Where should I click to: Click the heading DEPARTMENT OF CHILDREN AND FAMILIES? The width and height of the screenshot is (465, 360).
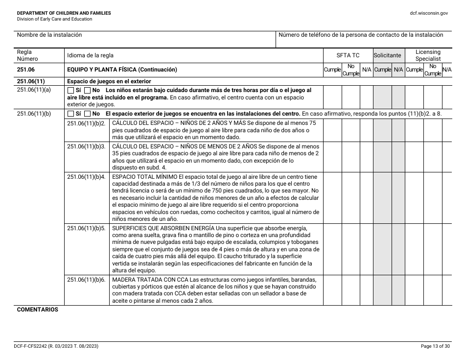(64, 13)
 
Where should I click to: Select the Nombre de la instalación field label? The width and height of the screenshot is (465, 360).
(49, 35)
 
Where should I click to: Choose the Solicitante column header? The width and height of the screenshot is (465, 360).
(388, 56)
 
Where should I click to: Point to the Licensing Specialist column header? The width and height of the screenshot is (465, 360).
(428, 55)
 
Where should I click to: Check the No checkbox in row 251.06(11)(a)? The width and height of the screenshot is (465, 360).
(88, 91)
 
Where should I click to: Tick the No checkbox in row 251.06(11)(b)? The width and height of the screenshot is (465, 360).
(88, 114)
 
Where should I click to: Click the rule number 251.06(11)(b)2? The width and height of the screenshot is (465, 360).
(86, 123)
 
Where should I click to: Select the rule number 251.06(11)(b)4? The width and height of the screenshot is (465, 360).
(86, 177)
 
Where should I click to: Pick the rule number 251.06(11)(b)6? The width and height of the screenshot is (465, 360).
(86, 280)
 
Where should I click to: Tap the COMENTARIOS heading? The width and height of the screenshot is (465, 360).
(38, 310)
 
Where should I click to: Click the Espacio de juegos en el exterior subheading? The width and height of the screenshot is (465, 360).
(109, 81)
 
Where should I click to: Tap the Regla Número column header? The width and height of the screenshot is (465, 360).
(28, 55)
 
